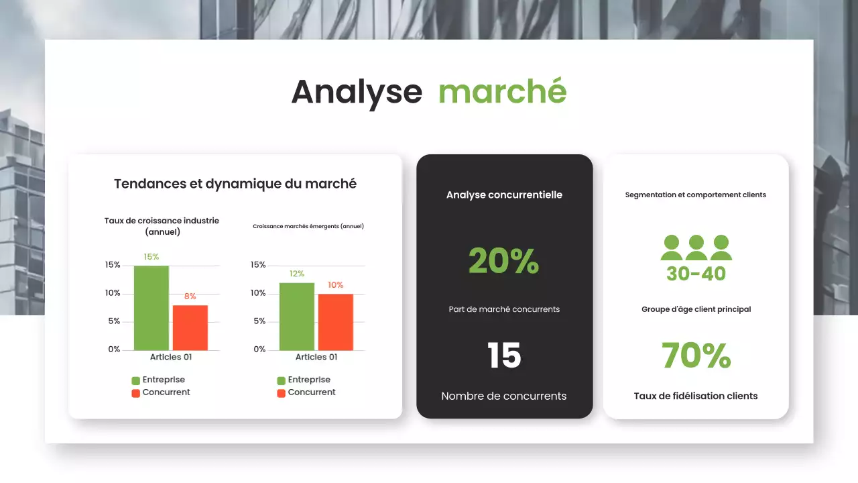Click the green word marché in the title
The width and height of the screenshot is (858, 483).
502,92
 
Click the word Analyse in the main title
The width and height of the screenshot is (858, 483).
357,92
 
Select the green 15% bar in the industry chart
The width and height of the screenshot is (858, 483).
151,308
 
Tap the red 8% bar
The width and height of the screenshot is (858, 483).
190,327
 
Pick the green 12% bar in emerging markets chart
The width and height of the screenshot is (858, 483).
296,316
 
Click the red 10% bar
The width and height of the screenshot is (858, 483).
335,322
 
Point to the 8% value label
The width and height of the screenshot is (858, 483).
190,297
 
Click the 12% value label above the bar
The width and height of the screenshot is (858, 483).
296,274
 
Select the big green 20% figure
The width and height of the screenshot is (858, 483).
503,261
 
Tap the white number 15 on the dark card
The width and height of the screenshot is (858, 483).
504,356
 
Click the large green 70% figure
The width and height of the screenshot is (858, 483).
696,356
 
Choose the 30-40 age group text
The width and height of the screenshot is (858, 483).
696,274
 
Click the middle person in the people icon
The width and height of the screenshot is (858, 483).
696,248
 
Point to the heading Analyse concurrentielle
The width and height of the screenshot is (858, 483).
504,195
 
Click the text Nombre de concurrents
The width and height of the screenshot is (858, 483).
504,396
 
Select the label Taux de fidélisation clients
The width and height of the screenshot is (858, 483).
696,396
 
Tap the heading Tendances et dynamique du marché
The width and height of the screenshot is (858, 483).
235,184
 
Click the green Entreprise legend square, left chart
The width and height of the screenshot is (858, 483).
136,380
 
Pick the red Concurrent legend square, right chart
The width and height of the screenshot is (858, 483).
282,393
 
